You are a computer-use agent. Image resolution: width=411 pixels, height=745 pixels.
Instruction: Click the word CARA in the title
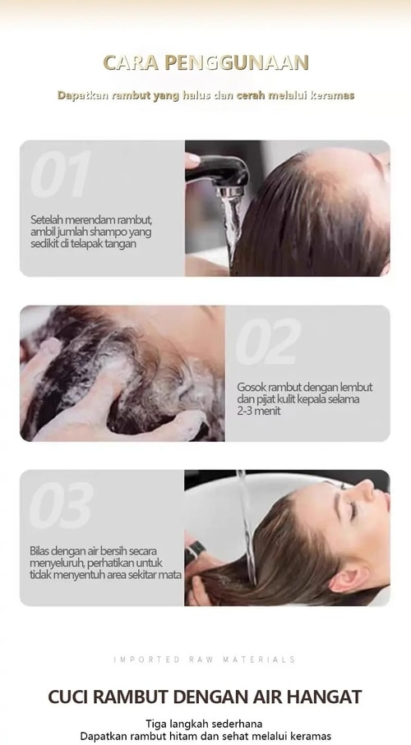131,62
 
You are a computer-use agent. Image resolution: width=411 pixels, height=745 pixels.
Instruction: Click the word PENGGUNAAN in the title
237,62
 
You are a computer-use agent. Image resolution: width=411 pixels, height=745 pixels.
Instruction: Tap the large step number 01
60,174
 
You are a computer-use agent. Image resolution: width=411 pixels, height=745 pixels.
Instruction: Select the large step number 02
268,341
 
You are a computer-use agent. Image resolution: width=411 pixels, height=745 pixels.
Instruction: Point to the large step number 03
62,505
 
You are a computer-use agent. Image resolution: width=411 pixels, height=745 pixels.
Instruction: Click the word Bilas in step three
39,551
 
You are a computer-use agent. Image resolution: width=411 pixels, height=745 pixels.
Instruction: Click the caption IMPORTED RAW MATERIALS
205,660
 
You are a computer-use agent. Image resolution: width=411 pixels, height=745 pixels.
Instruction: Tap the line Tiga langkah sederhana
204,724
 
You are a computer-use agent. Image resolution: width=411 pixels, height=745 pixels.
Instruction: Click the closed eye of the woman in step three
353,509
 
